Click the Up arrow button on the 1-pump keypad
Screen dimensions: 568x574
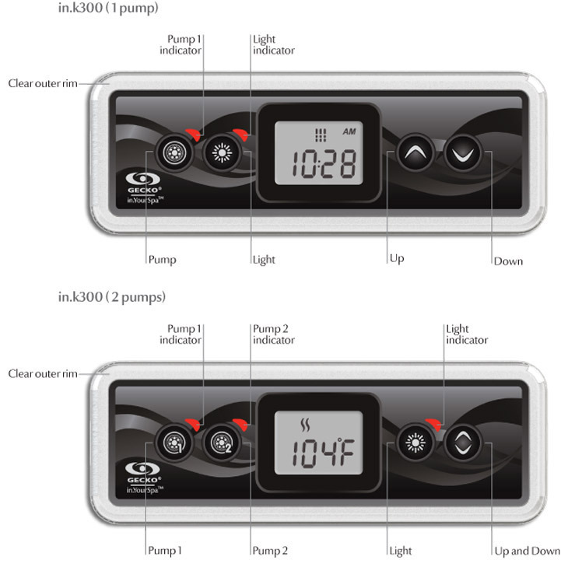[415, 152]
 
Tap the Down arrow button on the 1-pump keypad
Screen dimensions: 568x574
[462, 152]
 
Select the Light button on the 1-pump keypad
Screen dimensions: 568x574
[222, 152]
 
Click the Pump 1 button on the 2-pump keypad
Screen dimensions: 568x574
[174, 443]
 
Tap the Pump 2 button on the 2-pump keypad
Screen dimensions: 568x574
[222, 443]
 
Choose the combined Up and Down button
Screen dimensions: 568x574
[462, 443]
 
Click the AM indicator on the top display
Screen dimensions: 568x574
[349, 131]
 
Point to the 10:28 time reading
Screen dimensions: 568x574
[324, 163]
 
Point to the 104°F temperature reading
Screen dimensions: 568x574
[324, 453]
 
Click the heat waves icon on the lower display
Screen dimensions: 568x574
[305, 425]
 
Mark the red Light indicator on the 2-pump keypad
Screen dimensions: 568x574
[433, 424]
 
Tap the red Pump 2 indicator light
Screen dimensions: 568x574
[240, 424]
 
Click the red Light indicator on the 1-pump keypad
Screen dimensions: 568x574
[240, 135]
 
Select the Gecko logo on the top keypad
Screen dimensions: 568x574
[144, 187]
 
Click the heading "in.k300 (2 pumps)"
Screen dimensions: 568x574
[112, 297]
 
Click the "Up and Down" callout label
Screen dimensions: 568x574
[527, 551]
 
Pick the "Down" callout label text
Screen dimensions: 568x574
[508, 261]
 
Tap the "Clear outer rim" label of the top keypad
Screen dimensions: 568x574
[43, 83]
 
